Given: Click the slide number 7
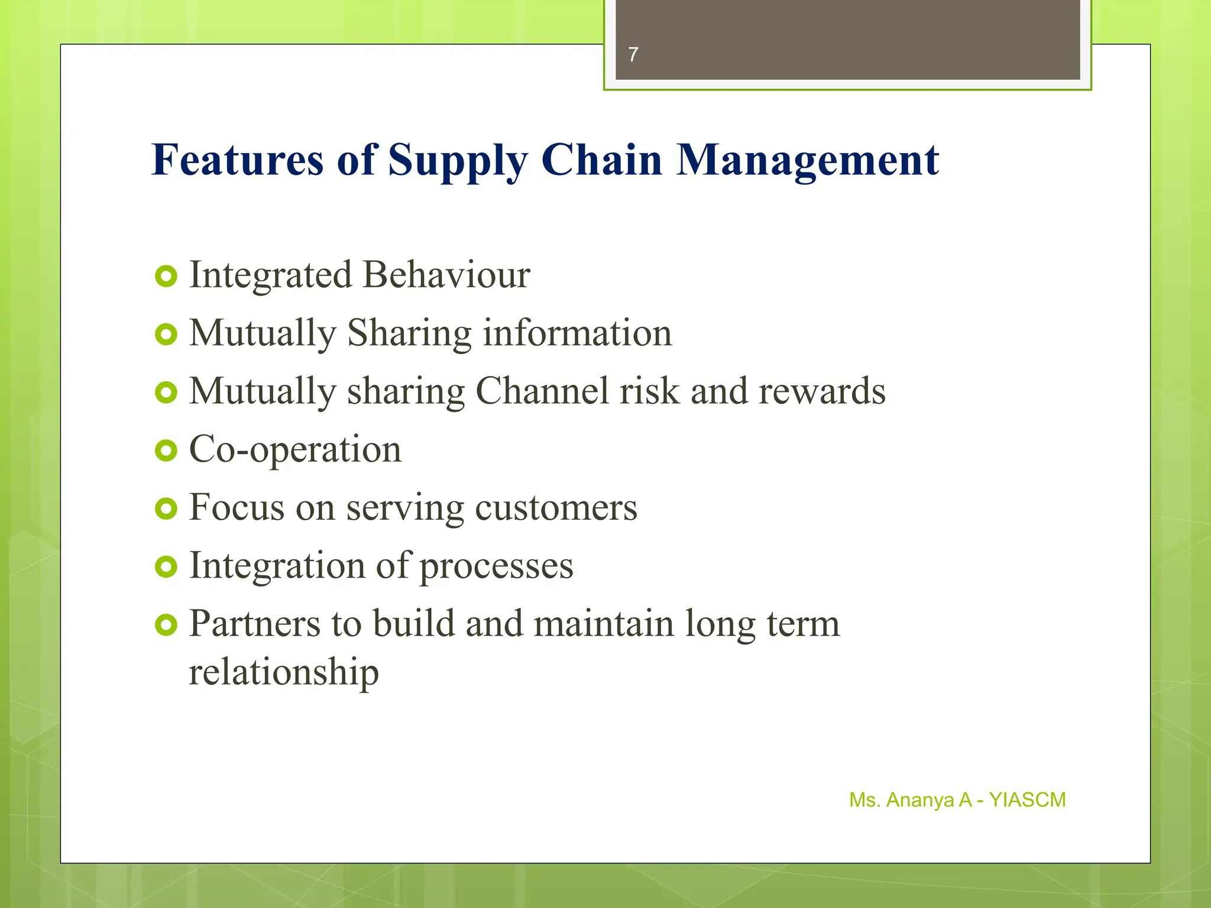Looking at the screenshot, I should (x=633, y=54).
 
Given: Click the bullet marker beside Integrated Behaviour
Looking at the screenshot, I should (x=166, y=276).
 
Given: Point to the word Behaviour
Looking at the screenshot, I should (x=446, y=275).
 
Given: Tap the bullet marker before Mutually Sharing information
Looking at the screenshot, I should (x=166, y=335).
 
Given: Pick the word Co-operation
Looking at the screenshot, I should (x=295, y=450).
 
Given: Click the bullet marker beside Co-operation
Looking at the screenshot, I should (x=166, y=451).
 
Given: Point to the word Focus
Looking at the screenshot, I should (x=237, y=507).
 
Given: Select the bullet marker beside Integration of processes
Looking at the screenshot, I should (x=166, y=567).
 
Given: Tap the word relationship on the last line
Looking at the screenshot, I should (x=284, y=672).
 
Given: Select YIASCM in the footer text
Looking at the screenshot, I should (x=1027, y=800).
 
